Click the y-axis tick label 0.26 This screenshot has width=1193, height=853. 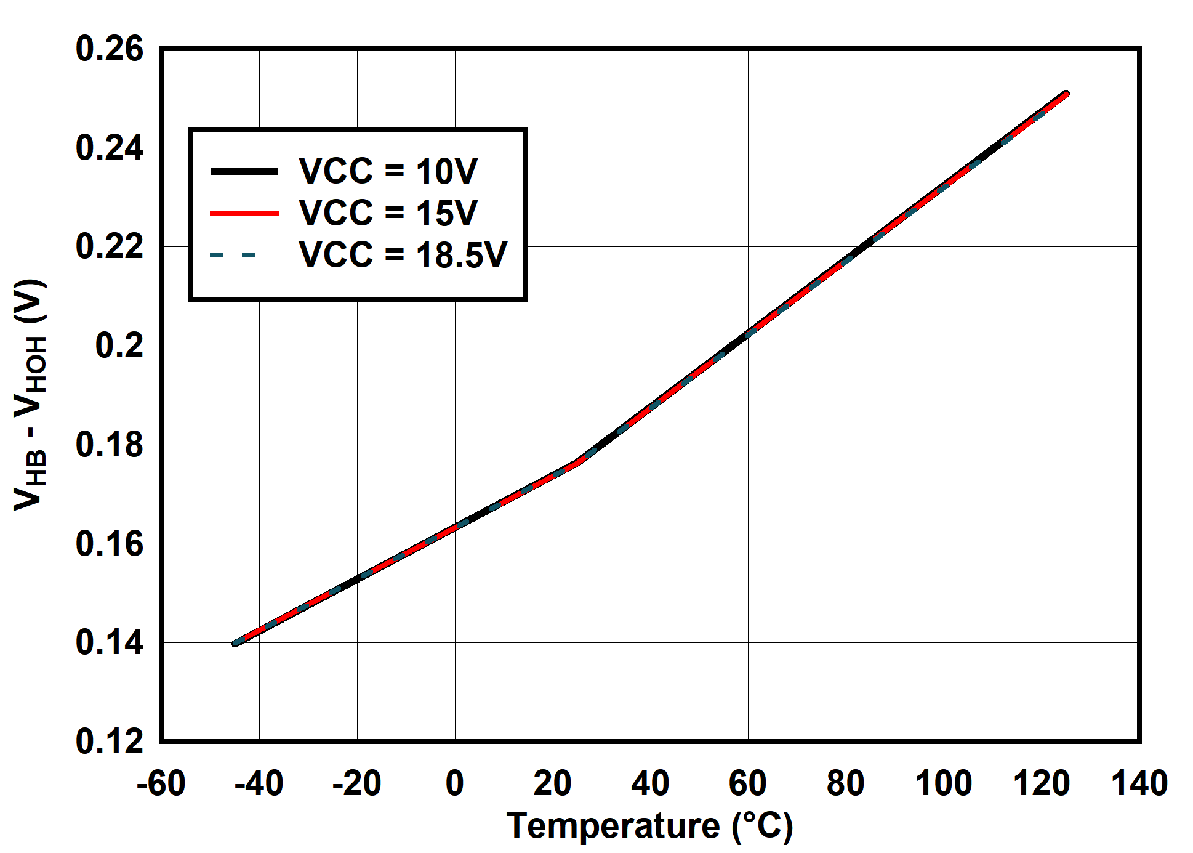click(x=109, y=49)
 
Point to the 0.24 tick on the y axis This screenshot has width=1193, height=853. click(x=109, y=148)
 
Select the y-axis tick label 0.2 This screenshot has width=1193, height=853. click(x=119, y=346)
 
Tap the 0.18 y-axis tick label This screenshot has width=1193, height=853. click(x=109, y=445)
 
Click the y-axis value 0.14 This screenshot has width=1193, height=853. click(x=109, y=642)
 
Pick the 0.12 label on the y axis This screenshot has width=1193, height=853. click(x=109, y=741)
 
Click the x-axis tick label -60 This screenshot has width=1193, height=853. click(x=161, y=783)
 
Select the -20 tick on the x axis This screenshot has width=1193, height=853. click(x=356, y=783)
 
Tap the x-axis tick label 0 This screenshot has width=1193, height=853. click(x=454, y=783)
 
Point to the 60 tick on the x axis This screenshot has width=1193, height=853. click(x=748, y=783)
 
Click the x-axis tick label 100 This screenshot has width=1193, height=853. click(x=943, y=783)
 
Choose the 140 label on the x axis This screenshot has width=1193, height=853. click(x=1139, y=783)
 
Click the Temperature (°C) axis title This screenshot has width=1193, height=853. click(x=649, y=826)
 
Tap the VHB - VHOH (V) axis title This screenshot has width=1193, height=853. click(x=30, y=394)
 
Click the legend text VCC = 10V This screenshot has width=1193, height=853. click(x=388, y=171)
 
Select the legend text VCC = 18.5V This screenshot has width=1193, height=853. click(x=403, y=254)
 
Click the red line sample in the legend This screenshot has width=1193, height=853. click(x=244, y=213)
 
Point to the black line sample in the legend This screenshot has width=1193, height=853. click(x=244, y=171)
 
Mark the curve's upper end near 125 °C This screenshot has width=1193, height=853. click(x=1066, y=94)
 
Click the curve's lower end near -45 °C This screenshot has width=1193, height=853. click(x=235, y=643)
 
